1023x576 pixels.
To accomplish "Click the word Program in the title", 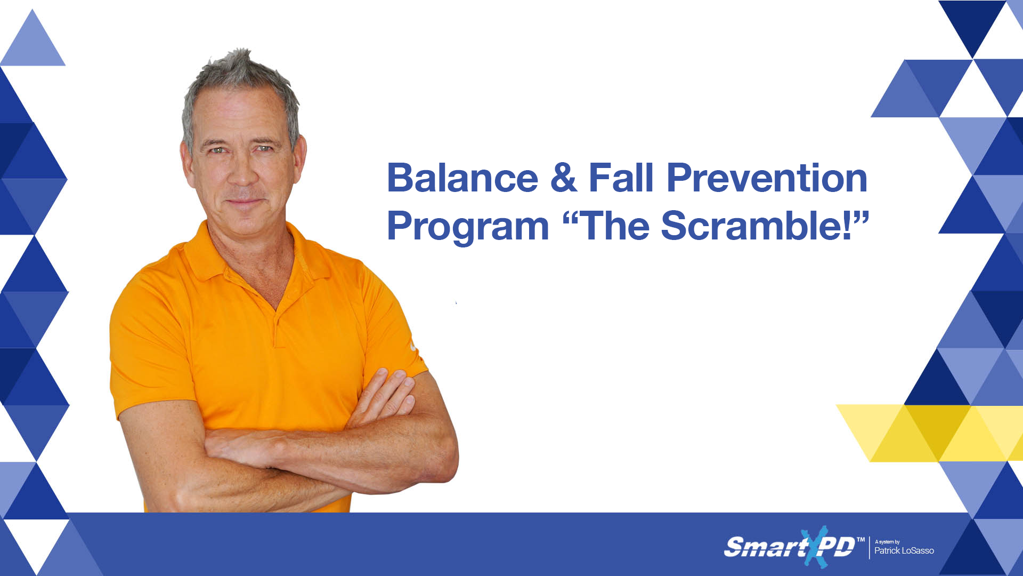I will click(x=468, y=227).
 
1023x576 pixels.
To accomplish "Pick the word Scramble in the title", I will click(x=757, y=226).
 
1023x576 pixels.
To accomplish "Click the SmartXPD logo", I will click(x=789, y=547).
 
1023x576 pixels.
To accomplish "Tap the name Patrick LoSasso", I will click(x=904, y=551).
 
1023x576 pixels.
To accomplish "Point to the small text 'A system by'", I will click(x=887, y=542).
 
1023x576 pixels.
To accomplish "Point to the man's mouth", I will click(x=243, y=202).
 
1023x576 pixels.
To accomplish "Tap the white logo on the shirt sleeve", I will click(x=413, y=347).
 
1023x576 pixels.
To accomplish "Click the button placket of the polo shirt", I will click(x=277, y=325).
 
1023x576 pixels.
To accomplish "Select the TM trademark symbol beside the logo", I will click(x=860, y=540).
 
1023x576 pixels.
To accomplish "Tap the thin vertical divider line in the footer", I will click(x=869, y=548).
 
